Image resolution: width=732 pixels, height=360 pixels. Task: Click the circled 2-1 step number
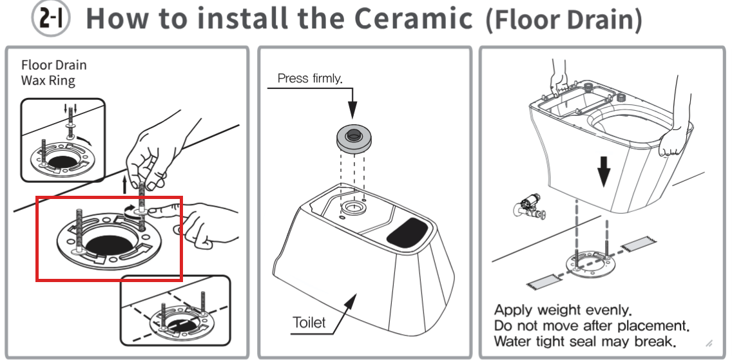coord(50,19)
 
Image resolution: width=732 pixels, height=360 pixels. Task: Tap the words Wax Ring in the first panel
coord(48,81)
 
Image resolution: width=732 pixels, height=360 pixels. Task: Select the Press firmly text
coord(310,79)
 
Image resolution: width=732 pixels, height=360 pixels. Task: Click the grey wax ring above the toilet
coord(354,138)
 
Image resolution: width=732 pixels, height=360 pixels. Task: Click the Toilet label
coord(309,322)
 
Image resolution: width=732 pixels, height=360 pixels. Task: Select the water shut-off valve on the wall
coord(529,207)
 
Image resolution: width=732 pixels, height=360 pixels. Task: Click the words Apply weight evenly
coord(563,310)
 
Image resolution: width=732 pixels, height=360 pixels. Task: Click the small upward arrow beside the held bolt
coord(124,185)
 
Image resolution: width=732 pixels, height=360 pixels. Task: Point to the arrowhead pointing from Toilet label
coord(350,301)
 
